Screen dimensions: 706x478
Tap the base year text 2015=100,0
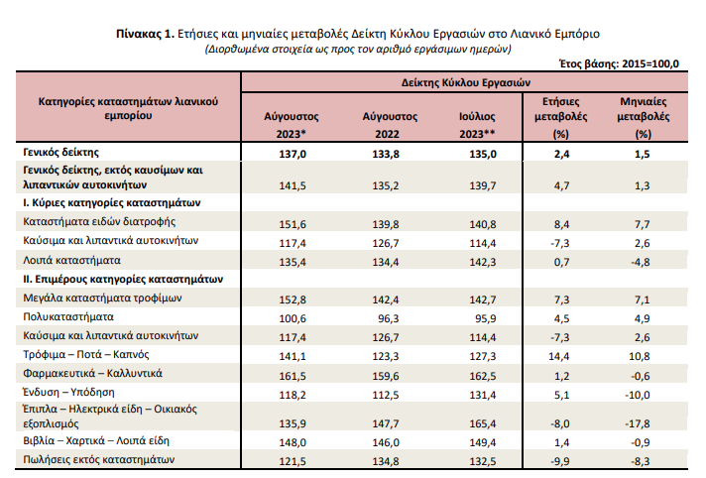pos(650,64)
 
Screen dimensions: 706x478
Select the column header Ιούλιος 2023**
pos(477,125)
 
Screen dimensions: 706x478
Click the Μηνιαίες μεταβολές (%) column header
pos(643,118)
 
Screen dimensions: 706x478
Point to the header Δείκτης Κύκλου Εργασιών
pos(466,82)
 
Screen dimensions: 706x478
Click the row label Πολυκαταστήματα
pos(68,316)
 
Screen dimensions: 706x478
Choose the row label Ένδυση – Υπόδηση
pos(68,393)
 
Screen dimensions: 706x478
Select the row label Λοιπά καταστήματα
pos(72,261)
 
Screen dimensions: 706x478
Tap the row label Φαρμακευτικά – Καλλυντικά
pos(93,374)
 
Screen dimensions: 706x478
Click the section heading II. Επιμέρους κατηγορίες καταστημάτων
pos(123,280)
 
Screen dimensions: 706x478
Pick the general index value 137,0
pos(293,154)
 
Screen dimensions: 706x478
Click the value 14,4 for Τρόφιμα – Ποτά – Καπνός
pos(559,356)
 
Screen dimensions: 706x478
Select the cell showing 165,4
pos(483,423)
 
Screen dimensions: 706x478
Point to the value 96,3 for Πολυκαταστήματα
pos(389,318)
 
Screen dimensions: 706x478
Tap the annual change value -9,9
pos(559,462)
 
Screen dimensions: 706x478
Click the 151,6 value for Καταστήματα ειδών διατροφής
pos(293,224)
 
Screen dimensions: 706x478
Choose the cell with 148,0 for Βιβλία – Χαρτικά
pos(293,443)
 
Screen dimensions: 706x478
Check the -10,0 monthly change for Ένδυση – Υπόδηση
pos(638,395)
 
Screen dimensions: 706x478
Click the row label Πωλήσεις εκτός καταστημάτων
pos(98,460)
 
